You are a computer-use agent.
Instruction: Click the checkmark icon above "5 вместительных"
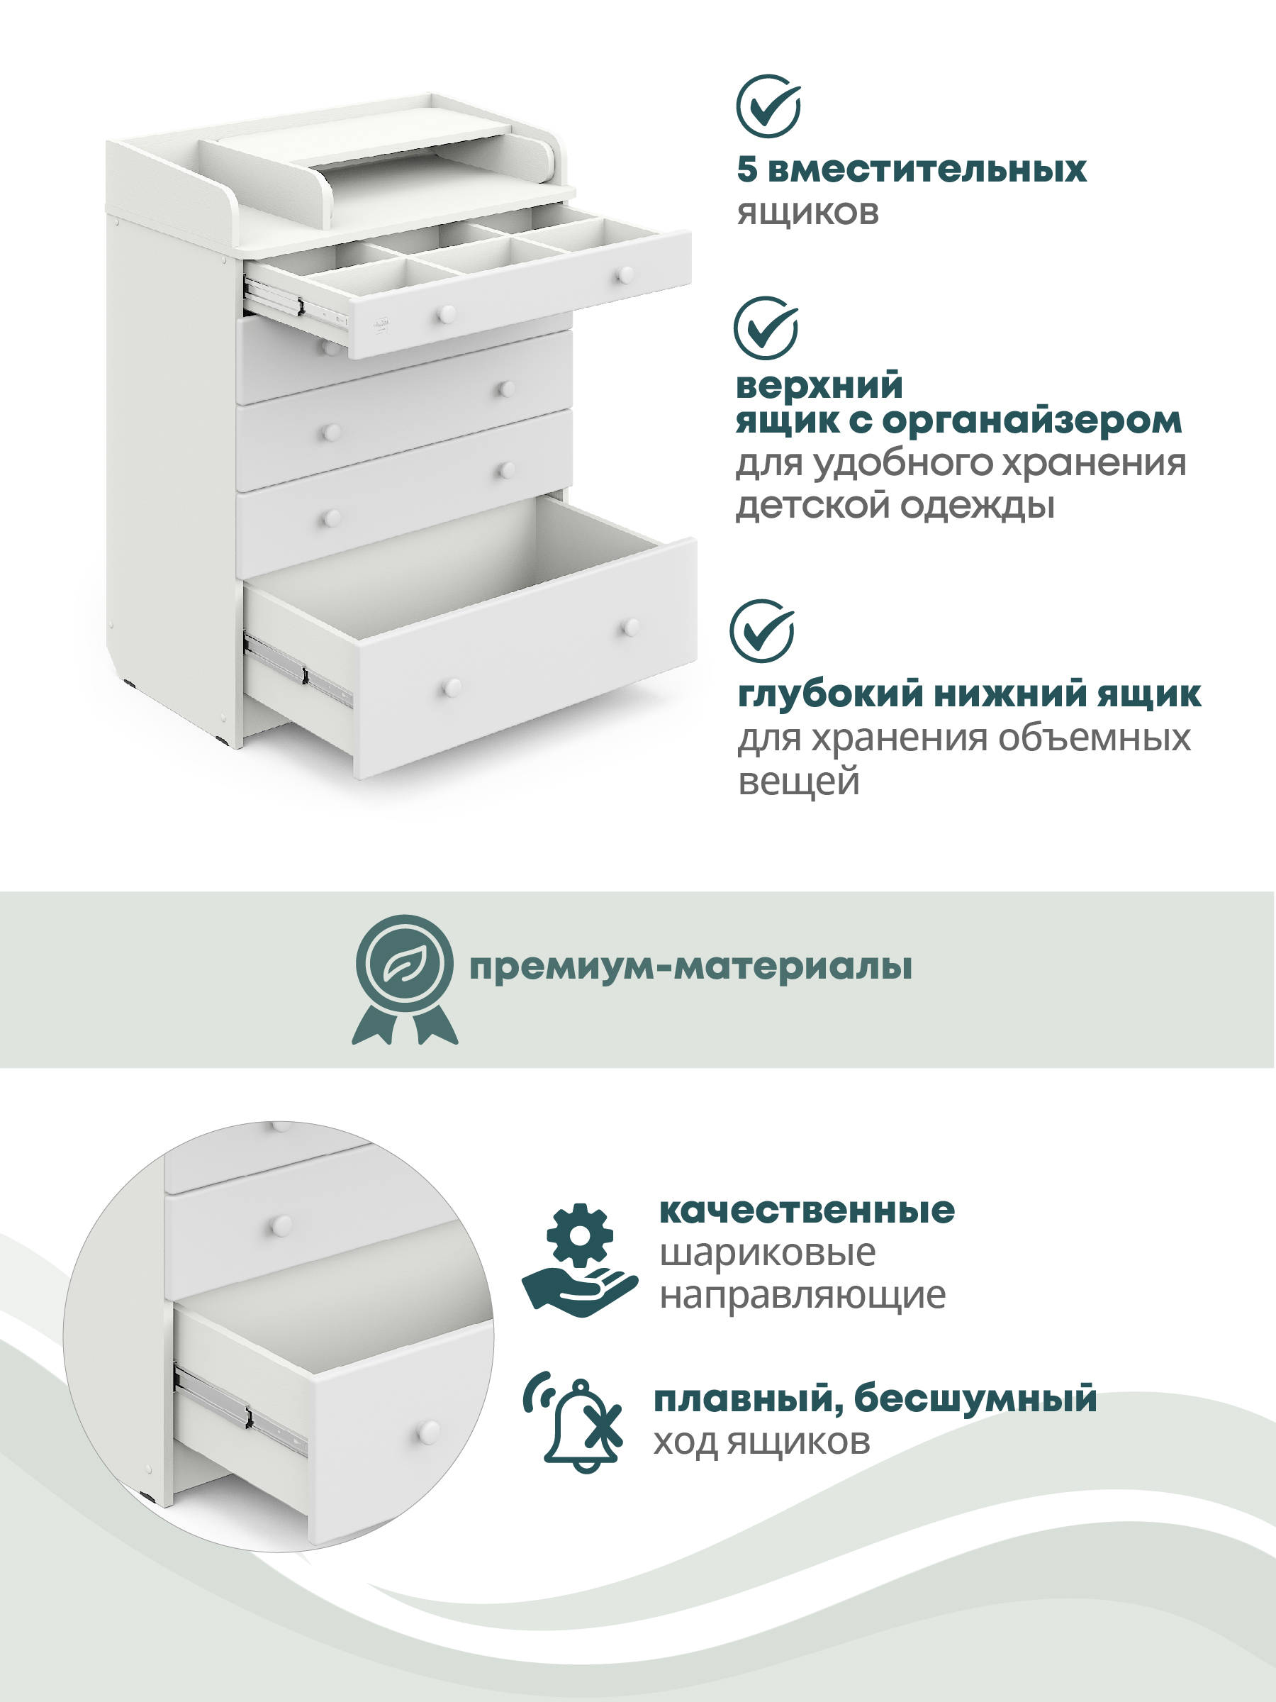[x=768, y=106]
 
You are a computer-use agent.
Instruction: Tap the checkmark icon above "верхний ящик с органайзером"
[x=766, y=328]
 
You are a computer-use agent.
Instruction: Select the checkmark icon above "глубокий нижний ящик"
[x=762, y=631]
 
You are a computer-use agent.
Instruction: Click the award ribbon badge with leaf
[x=405, y=979]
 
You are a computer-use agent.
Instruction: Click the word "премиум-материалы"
[x=690, y=967]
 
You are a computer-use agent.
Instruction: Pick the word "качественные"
[x=807, y=1211]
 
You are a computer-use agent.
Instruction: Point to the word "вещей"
[x=798, y=782]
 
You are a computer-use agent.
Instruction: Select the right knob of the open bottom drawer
[x=631, y=627]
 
